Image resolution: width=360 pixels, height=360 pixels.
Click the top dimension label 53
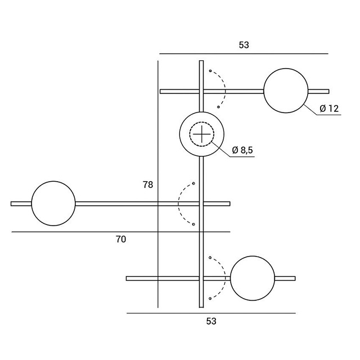tap(244, 44)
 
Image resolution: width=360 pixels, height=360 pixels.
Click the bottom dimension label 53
tap(211, 322)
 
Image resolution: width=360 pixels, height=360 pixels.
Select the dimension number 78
tap(148, 184)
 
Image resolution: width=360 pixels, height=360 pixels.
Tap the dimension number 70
tap(120, 239)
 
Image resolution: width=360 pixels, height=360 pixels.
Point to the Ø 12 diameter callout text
tap(329, 109)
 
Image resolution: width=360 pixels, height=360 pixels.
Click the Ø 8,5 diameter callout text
tap(242, 150)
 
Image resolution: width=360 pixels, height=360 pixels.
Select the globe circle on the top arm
tap(286, 91)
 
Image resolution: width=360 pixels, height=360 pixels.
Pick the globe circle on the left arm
tap(53, 203)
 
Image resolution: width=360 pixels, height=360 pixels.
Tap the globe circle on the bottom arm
tap(253, 278)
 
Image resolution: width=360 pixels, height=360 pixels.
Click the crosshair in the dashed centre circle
tap(201, 134)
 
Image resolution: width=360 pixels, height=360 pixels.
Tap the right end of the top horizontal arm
tap(327, 91)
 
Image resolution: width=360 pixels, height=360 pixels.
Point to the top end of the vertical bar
tap(201, 62)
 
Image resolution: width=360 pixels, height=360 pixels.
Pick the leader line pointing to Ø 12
tap(312, 110)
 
